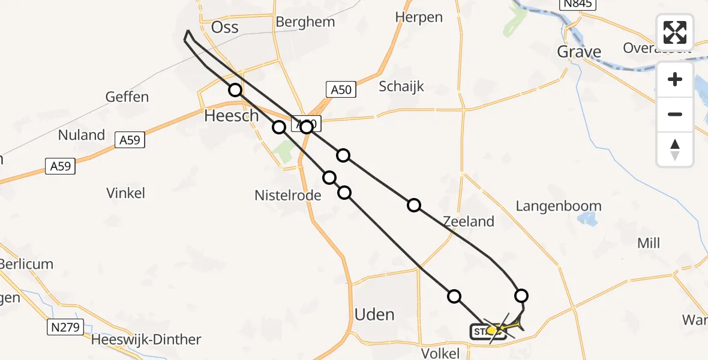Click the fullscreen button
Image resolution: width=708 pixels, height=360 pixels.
coord(675,32)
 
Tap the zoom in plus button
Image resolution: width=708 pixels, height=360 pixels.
coord(675,79)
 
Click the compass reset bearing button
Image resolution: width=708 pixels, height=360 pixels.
coord(675,149)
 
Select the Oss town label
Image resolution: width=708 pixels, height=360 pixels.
coord(225,27)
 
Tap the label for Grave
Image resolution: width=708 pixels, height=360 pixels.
coord(579,52)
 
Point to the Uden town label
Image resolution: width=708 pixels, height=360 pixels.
coord(374,314)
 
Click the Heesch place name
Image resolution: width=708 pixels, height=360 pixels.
coord(231,116)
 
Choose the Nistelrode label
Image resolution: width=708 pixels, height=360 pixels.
coord(288,195)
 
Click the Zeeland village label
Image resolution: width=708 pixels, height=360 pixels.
coord(469,221)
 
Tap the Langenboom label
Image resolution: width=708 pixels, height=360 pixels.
coord(558,206)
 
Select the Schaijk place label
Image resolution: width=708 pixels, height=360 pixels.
coord(401,86)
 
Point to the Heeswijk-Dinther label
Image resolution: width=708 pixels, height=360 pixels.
coord(146,340)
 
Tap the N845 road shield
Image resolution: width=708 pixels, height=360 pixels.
coord(576,4)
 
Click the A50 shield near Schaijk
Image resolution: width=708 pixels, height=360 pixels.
coord(341,90)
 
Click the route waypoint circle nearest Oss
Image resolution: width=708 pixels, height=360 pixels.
coord(235,90)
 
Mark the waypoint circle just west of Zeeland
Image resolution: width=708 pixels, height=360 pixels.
coord(414,206)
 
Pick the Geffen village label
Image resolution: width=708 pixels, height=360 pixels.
coord(127,97)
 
